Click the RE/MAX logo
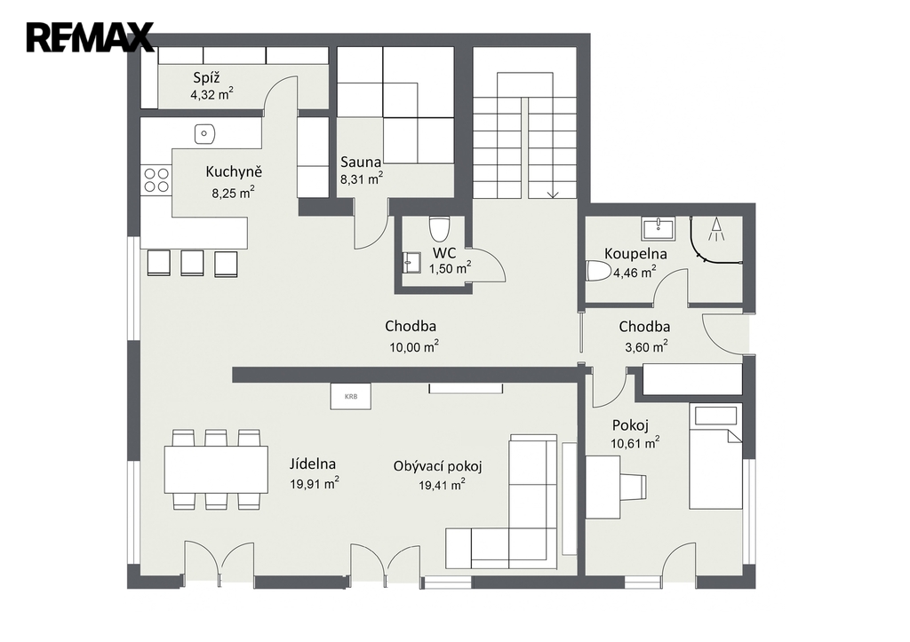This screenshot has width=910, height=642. [90, 37]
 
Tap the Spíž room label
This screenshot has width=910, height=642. [206, 78]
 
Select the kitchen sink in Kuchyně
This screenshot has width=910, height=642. [204, 134]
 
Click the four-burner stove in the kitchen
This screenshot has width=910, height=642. [156, 179]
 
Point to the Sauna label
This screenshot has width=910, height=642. [361, 162]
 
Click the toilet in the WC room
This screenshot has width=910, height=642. [439, 228]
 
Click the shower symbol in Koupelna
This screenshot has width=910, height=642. [717, 228]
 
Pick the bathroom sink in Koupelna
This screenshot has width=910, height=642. [659, 228]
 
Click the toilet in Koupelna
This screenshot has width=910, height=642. [598, 271]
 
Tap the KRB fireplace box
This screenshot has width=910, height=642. [350, 397]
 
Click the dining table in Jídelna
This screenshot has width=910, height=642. [216, 469]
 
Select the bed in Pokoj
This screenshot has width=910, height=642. [715, 456]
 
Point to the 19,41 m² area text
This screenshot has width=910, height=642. [442, 485]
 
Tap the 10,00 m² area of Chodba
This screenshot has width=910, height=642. [414, 347]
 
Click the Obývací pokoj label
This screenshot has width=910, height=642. [437, 465]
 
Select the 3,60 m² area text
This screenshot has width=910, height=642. [646, 347]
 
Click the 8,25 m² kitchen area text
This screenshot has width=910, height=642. [234, 193]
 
